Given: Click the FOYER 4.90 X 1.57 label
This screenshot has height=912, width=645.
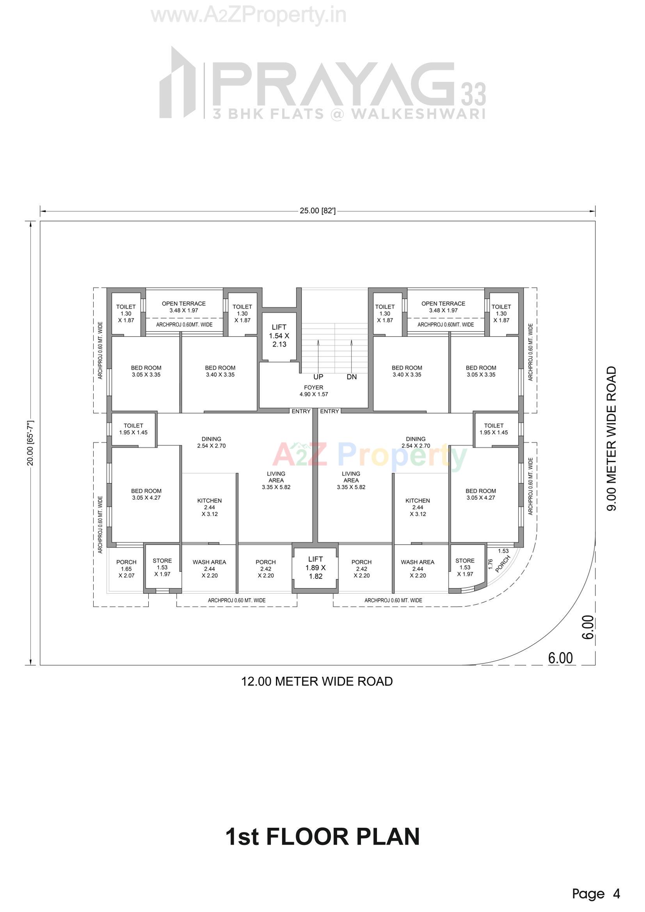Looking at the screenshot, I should [314, 391].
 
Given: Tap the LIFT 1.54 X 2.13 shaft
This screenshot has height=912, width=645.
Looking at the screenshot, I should [279, 336].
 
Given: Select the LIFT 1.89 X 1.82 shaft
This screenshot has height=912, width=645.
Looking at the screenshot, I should [316, 568].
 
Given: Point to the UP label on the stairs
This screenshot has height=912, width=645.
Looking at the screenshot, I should [318, 377].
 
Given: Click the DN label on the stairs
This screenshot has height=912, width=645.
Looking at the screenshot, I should [352, 377].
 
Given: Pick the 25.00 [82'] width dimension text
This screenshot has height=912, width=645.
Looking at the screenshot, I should [318, 211].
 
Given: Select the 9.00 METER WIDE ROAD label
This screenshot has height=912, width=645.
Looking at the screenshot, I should [611, 438].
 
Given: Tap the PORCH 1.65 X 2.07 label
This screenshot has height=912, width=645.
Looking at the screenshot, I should [126, 569].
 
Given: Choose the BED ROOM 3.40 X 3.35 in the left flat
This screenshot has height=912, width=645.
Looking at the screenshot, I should [220, 371].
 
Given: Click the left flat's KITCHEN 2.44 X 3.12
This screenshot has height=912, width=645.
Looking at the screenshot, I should [210, 507].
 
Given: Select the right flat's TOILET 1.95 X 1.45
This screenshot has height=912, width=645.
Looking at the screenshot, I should [494, 429].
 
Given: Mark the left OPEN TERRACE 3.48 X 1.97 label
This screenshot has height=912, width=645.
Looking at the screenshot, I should [184, 307].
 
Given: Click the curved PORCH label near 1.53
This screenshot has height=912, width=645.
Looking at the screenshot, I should [503, 563].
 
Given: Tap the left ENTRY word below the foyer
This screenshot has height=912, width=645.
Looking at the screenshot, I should [301, 411].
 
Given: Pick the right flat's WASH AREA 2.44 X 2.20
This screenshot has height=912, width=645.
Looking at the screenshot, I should [417, 569].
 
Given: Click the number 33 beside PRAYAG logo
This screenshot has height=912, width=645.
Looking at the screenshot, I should [473, 94].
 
